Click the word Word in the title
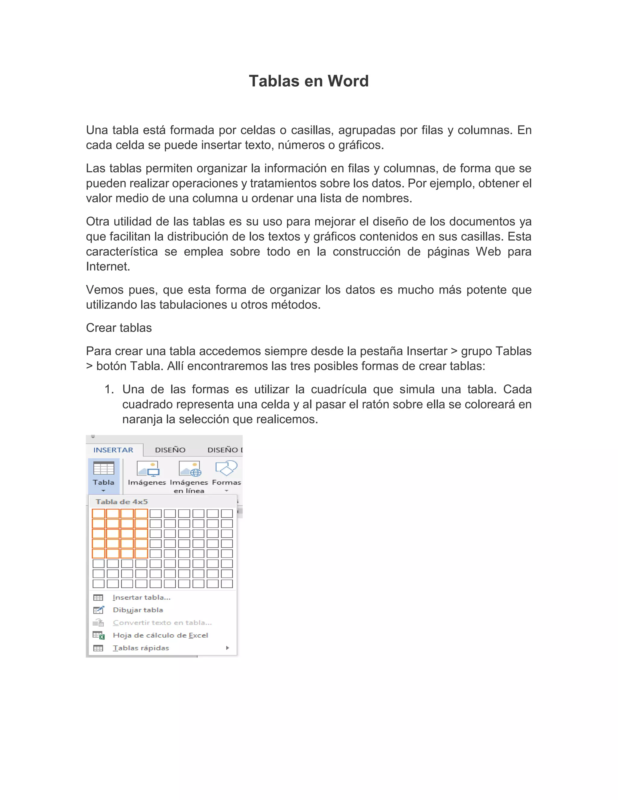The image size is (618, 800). (348, 81)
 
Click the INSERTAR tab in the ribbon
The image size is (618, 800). (113, 450)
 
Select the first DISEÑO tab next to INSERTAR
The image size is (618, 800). (170, 450)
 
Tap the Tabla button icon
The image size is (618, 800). (104, 469)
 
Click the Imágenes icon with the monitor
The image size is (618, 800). (148, 469)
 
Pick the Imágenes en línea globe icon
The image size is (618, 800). (190, 469)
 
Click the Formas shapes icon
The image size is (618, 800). (226, 468)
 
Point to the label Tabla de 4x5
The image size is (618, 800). (122, 502)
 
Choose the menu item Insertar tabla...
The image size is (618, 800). (141, 597)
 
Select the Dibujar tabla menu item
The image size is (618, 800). (138, 610)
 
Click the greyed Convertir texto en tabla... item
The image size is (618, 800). (162, 623)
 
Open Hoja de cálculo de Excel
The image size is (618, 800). (160, 635)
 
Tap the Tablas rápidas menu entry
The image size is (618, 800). (141, 648)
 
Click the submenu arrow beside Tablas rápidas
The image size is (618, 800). (228, 648)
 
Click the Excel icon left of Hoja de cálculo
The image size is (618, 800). (98, 635)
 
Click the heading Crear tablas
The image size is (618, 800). (119, 328)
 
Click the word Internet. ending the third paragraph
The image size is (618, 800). (108, 267)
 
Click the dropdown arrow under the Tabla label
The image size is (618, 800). (103, 491)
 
